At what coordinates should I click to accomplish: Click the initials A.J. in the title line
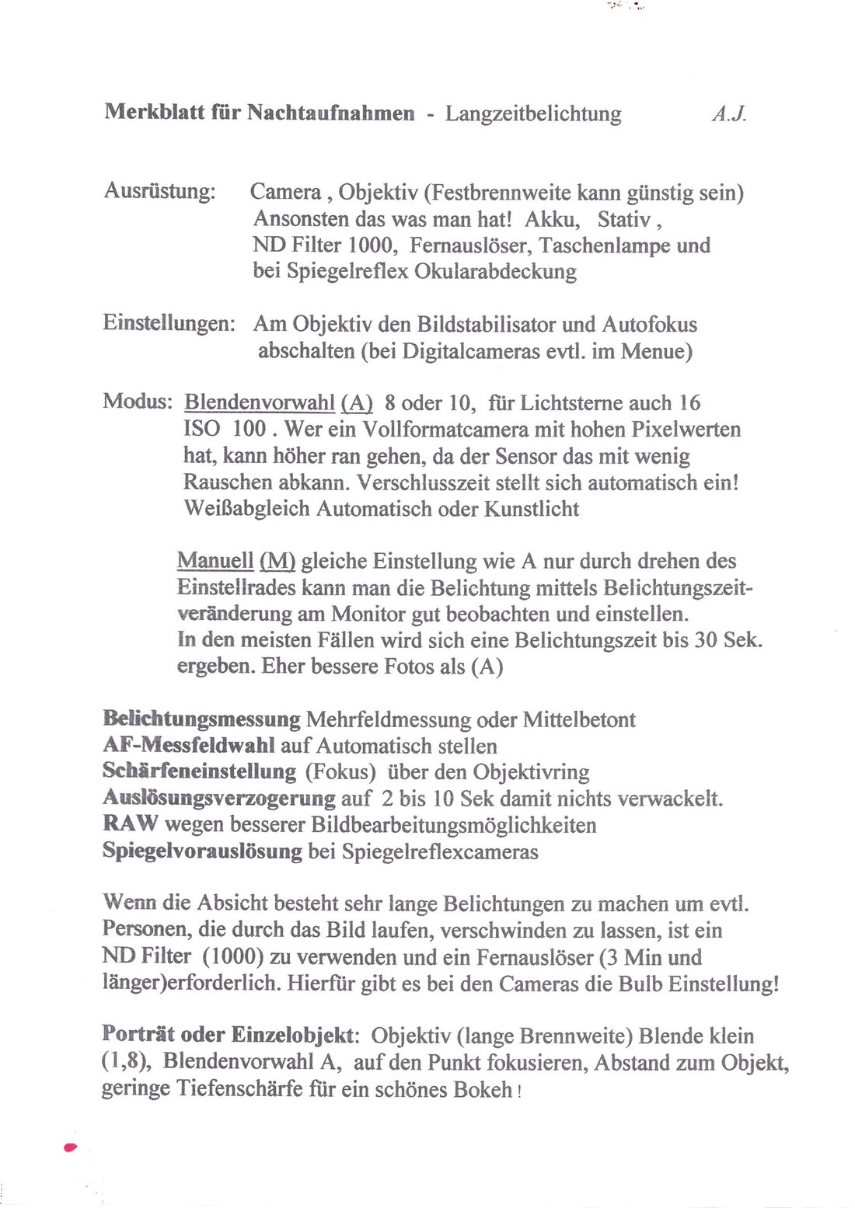pyautogui.click(x=728, y=114)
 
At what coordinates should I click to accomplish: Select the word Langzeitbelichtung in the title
pyautogui.click(x=533, y=114)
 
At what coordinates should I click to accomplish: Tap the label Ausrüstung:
pyautogui.click(x=159, y=191)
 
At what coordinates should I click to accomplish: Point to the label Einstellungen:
pyautogui.click(x=169, y=323)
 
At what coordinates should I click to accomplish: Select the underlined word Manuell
pyautogui.click(x=215, y=561)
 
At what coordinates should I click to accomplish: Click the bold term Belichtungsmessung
pyautogui.click(x=201, y=719)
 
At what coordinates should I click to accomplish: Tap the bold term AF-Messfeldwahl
pyautogui.click(x=189, y=746)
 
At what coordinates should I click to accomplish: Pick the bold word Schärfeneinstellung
pyautogui.click(x=199, y=772)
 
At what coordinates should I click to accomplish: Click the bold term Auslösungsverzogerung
pyautogui.click(x=219, y=799)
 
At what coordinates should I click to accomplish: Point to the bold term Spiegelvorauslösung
pyautogui.click(x=202, y=851)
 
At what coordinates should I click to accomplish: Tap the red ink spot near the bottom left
pyautogui.click(x=71, y=1147)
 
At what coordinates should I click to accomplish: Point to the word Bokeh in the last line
pyautogui.click(x=484, y=1089)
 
